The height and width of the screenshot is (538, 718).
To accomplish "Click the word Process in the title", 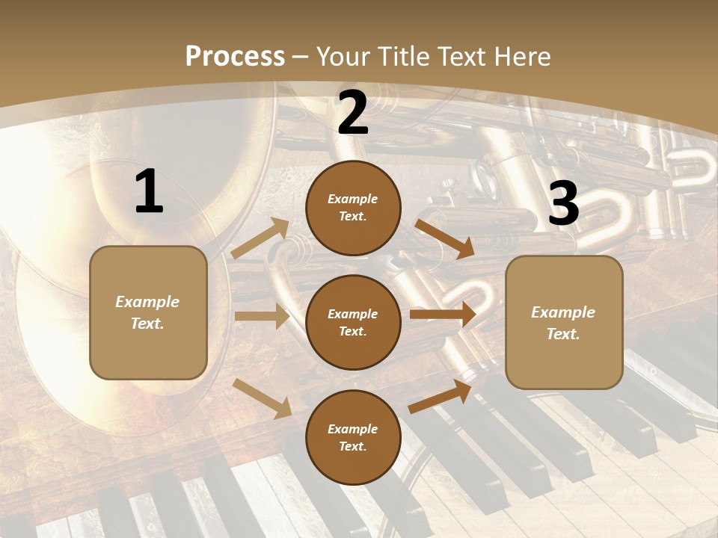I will click(235, 56).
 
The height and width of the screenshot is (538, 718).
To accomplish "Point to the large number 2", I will click(353, 113).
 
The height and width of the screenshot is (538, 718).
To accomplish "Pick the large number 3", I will click(563, 204).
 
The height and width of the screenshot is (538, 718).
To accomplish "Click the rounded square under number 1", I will click(148, 312).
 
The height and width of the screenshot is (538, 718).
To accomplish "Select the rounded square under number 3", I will click(564, 323).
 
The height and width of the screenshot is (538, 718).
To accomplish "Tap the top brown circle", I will click(353, 208).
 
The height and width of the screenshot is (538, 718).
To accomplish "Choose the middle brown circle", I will click(353, 323).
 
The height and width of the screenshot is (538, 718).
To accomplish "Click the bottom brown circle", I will click(353, 438).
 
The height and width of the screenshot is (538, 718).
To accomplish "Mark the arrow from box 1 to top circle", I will click(260, 238).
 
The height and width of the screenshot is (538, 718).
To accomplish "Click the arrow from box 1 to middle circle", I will click(262, 316).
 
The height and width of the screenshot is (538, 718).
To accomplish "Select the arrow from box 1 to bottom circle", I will click(263, 398).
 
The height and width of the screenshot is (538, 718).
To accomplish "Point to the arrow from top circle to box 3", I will click(445, 238).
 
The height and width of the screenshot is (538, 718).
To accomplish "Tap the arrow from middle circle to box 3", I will click(443, 315).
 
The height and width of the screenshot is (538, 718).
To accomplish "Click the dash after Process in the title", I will click(301, 57).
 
